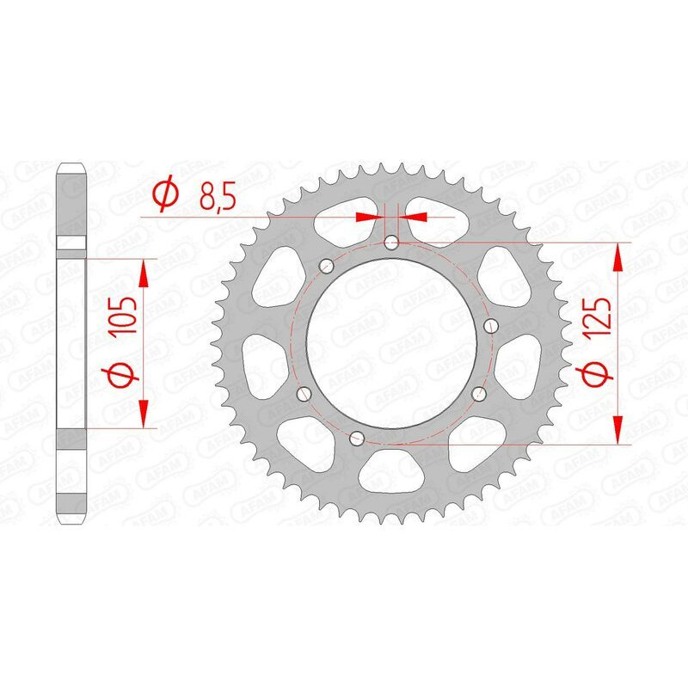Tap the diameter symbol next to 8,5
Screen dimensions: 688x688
click(163, 196)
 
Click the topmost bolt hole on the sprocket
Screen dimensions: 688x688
click(392, 243)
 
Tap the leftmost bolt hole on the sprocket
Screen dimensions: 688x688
click(301, 393)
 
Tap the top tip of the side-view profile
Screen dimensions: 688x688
click(72, 165)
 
